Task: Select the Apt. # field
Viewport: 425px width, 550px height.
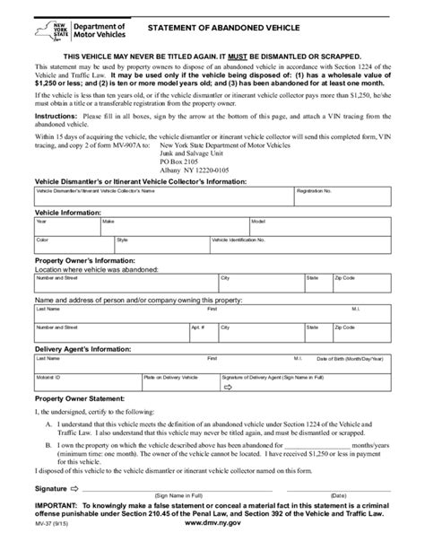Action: [x=203, y=332]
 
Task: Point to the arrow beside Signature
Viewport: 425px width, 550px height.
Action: [x=74, y=488]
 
